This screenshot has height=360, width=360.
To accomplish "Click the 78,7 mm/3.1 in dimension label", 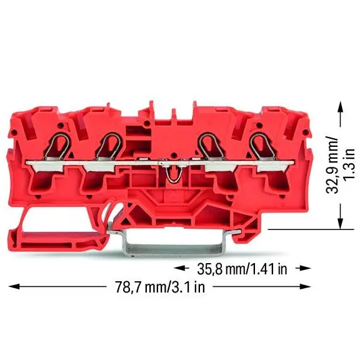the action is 160,287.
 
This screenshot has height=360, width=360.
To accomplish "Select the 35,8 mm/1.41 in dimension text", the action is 242,269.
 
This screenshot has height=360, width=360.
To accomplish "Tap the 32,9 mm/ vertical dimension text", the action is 332,165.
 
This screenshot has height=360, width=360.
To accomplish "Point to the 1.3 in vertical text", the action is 350,164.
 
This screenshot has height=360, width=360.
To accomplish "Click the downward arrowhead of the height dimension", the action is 340,223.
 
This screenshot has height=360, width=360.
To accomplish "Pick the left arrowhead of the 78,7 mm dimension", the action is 14,286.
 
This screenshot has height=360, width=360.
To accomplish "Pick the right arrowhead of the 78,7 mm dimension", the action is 305,286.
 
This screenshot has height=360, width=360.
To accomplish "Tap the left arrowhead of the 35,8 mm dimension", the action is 179,268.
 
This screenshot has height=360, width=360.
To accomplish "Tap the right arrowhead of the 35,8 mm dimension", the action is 305,268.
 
